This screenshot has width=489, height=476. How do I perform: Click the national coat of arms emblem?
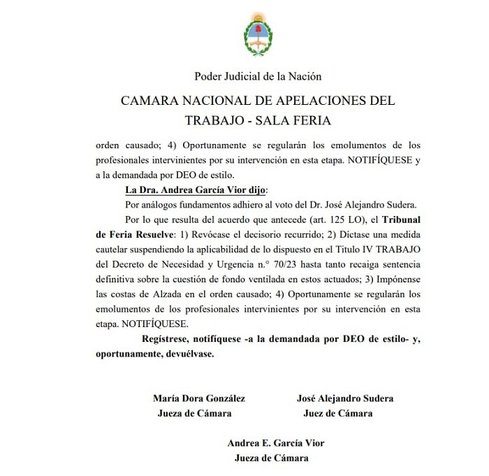pyautogui.click(x=258, y=36)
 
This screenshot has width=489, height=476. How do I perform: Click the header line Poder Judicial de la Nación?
pyautogui.click(x=258, y=76)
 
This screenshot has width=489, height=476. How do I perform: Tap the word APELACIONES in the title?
pyautogui.click(x=305, y=100)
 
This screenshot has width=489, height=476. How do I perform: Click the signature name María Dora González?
pyautogui.click(x=199, y=398)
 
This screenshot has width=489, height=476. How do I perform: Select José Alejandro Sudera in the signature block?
pyautogui.click(x=345, y=398)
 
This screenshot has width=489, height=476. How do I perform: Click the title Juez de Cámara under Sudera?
pyautogui.click(x=338, y=413)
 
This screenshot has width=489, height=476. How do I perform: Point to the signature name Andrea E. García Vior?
pyautogui.click(x=276, y=443)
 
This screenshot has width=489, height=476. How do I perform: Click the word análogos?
pyautogui.click(x=172, y=205)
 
